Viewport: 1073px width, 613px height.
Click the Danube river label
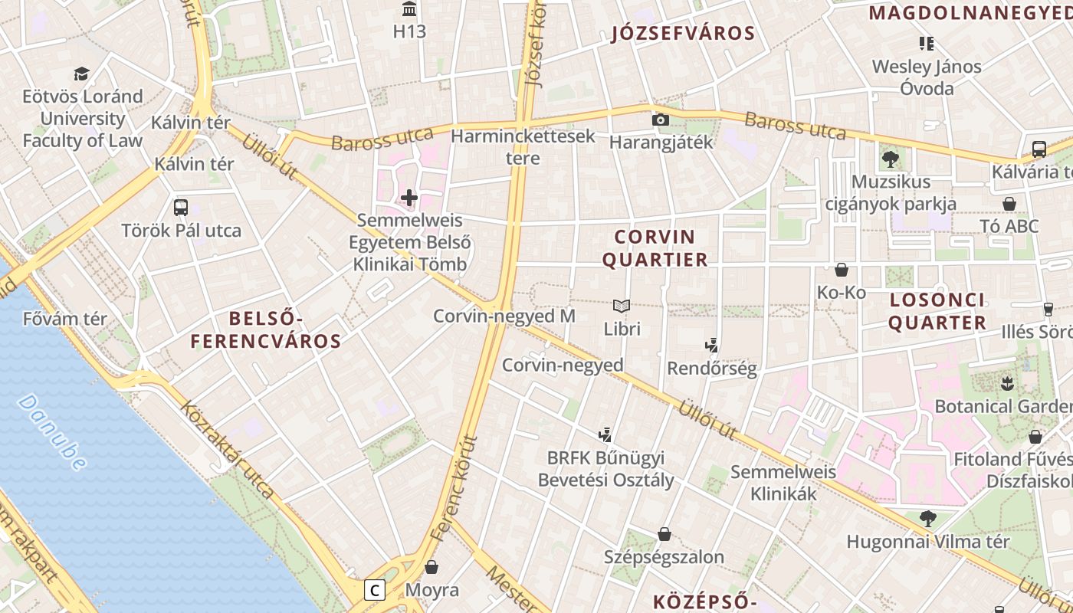click(51, 431)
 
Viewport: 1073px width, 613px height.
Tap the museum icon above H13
click(409, 10)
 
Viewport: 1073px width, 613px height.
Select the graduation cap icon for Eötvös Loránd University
click(81, 74)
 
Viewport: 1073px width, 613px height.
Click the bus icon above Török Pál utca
click(181, 207)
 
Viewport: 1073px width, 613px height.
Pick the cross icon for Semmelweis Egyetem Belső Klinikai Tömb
click(409, 198)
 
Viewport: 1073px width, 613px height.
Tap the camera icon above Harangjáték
click(660, 120)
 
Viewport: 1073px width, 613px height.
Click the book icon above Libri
click(622, 306)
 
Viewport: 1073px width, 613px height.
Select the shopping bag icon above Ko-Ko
click(842, 270)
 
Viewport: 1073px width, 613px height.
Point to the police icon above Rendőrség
click(712, 346)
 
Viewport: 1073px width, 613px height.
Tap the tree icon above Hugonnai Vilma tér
click(928, 519)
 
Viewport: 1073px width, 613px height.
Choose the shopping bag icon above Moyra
click(431, 567)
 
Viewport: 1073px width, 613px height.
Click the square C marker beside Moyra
click(374, 590)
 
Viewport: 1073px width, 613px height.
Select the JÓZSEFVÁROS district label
click(683, 34)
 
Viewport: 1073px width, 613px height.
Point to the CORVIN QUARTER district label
click(655, 247)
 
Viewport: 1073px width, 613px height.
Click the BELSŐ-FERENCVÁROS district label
click(265, 329)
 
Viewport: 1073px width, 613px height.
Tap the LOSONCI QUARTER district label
click(937, 310)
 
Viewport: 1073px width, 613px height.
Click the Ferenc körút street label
click(454, 488)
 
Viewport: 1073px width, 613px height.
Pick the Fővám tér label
click(65, 318)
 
